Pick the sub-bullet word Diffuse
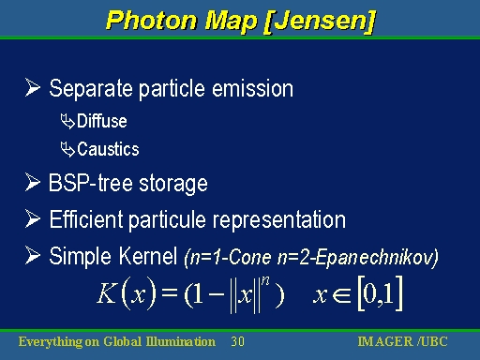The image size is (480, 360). [x=102, y=121]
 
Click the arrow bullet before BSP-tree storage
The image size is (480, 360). [x=35, y=183]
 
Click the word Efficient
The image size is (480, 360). [x=87, y=220]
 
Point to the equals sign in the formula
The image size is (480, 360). [x=169, y=295]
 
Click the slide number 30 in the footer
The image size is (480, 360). [x=237, y=341]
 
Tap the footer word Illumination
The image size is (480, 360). [x=178, y=341]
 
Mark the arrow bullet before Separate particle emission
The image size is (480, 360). [x=35, y=89]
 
